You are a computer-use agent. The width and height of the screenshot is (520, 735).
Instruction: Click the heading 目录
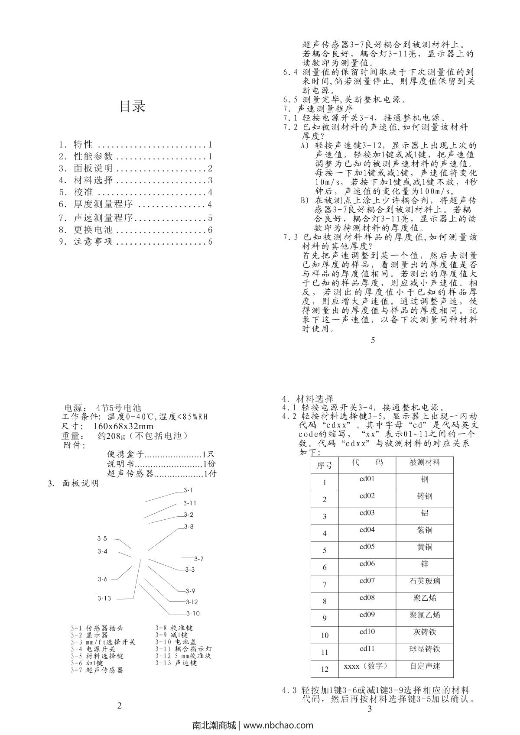pyautogui.click(x=132, y=106)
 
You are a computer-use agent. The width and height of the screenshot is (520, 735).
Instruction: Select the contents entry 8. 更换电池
pyautogui.click(x=136, y=230)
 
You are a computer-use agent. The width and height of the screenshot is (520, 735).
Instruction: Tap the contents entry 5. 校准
pyautogui.click(x=136, y=192)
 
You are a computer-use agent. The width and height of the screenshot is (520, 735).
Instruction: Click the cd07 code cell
pyautogui.click(x=367, y=580)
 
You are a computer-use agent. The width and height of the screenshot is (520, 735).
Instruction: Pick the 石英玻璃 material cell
pyautogui.click(x=425, y=581)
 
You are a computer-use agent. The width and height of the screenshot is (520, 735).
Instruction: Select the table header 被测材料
pyautogui.click(x=425, y=463)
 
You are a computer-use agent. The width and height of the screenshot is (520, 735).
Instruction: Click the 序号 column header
pyautogui.click(x=325, y=465)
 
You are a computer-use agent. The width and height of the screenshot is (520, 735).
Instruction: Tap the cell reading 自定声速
pyautogui.click(x=425, y=666)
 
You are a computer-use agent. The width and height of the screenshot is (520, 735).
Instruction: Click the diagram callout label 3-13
pyautogui.click(x=104, y=598)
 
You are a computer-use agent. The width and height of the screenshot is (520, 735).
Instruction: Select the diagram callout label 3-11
pyautogui.click(x=190, y=503)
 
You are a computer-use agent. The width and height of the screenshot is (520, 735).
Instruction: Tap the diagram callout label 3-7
pyautogui.click(x=198, y=559)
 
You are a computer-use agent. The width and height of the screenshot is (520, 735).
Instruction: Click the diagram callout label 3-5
pyautogui.click(x=102, y=538)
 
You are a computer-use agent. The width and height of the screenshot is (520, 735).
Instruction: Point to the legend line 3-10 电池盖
pyautogui.click(x=176, y=641)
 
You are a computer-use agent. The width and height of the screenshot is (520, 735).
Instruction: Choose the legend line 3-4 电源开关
pyautogui.click(x=93, y=649)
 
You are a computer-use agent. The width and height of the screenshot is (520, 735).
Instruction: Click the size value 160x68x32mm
pyautogui.click(x=123, y=426)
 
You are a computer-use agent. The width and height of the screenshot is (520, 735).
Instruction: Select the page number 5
pyautogui.click(x=373, y=340)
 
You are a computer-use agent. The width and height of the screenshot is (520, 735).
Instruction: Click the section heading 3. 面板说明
pyautogui.click(x=73, y=483)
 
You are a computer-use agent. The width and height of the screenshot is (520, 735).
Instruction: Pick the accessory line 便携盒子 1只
pyautogui.click(x=160, y=454)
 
